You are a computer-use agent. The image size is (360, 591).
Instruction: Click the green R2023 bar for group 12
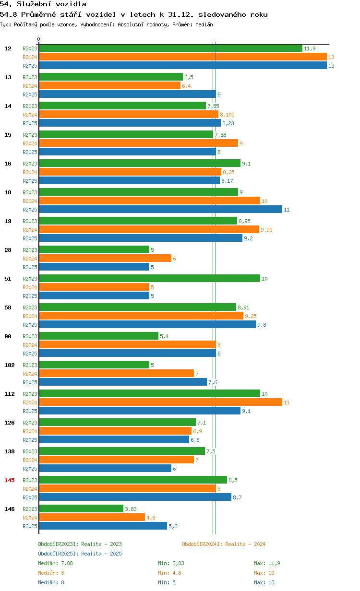(171, 48)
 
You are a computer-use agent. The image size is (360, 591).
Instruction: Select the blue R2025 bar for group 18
(161, 210)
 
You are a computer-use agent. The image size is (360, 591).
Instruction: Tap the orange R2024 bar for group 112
(161, 402)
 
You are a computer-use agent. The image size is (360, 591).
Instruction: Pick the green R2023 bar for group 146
(81, 508)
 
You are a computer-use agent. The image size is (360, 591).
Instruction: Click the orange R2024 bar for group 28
(105, 258)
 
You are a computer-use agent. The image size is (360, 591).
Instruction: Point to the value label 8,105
(227, 115)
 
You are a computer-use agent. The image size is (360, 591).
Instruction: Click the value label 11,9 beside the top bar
(310, 48)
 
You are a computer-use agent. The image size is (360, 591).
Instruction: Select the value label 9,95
(266, 230)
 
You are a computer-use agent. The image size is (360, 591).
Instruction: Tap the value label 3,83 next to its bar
(131, 509)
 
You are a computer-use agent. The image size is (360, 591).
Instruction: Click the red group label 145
(10, 480)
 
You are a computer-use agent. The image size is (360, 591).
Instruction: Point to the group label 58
(8, 307)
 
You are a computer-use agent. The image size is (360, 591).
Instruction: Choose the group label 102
(10, 365)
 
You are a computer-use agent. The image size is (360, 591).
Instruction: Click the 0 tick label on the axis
(39, 39)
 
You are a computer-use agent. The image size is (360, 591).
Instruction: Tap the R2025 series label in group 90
(30, 354)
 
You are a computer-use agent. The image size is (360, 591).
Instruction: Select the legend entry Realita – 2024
(224, 544)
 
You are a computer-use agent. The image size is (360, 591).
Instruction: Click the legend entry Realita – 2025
(80, 554)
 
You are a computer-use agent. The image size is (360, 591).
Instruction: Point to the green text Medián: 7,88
(55, 563)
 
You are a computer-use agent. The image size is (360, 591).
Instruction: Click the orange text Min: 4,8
(169, 573)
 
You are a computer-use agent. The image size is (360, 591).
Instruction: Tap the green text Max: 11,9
(267, 563)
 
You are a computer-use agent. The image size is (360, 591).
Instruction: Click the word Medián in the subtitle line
(204, 24)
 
